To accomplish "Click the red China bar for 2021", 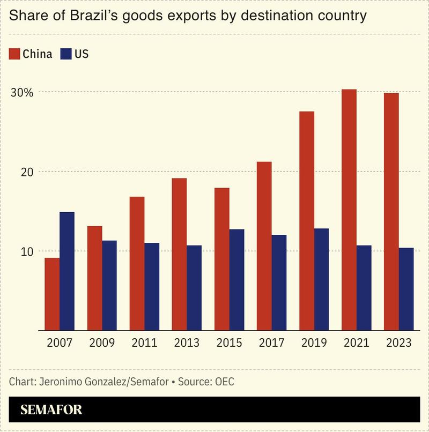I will pyautogui.click(x=349, y=210).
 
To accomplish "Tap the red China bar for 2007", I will pyautogui.click(x=52, y=294).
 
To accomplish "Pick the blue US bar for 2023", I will pyautogui.click(x=406, y=289).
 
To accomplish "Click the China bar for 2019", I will pyautogui.click(x=307, y=221).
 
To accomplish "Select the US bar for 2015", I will pyautogui.click(x=236, y=280).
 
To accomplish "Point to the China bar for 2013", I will pyautogui.click(x=179, y=254).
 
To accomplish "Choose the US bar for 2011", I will pyautogui.click(x=152, y=287).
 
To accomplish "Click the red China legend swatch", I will pyautogui.click(x=14, y=54).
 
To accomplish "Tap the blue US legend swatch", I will pyautogui.click(x=65, y=54).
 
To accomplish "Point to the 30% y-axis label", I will pyautogui.click(x=22, y=92).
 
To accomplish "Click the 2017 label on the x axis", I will pyautogui.click(x=271, y=343).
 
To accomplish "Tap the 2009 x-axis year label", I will pyautogui.click(x=102, y=343).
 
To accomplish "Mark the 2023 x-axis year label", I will pyautogui.click(x=398, y=343).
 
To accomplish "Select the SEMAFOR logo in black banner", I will pyautogui.click(x=51, y=410).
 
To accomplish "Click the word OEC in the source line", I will pyautogui.click(x=225, y=382).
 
